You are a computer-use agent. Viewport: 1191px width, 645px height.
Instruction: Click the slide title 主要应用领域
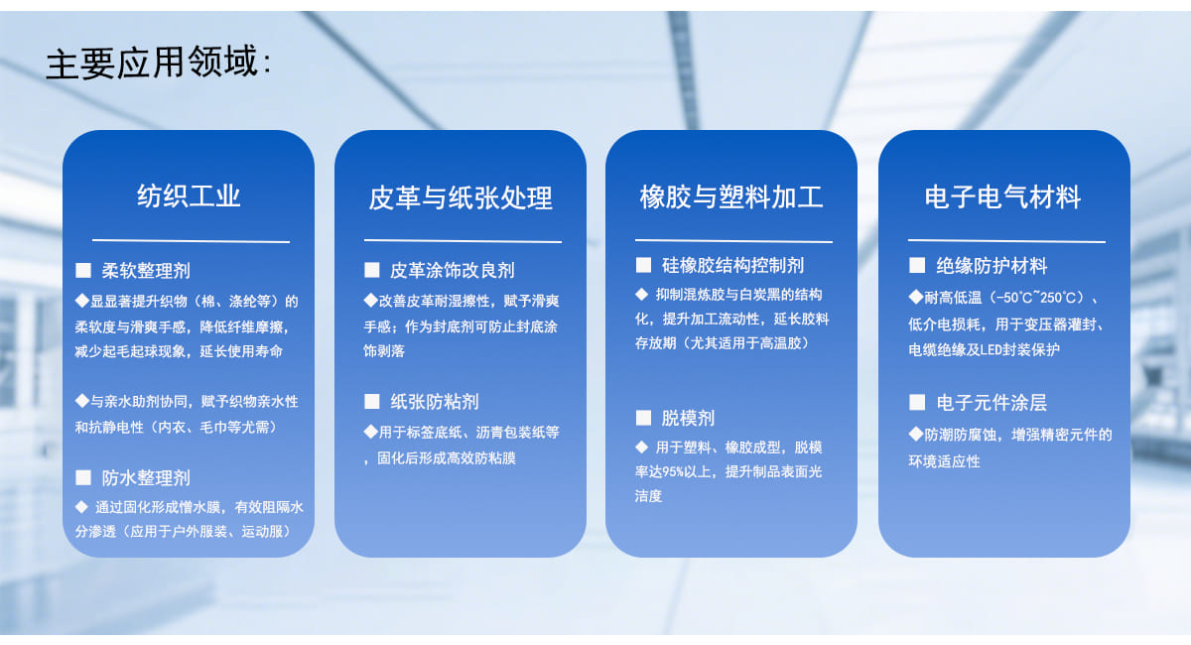153,63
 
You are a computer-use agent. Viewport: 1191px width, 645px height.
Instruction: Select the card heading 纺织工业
189,196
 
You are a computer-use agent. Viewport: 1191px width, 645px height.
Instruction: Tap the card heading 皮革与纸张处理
461,197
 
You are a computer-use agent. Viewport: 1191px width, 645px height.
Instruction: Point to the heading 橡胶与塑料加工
731,196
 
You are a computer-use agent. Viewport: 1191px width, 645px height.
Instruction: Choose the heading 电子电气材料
1002,196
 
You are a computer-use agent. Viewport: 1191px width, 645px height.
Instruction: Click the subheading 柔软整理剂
146,271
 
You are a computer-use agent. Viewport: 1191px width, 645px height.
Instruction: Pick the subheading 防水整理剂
146,477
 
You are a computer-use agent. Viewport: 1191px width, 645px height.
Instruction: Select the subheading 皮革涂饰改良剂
452,270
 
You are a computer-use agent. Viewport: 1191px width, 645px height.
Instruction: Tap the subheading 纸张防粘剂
435,402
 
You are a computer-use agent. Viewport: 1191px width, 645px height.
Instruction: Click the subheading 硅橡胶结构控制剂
732,265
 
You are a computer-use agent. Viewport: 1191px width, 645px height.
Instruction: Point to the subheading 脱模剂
688,418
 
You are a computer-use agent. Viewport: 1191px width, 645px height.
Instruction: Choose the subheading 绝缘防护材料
992,265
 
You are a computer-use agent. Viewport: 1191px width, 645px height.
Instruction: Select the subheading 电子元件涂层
992,403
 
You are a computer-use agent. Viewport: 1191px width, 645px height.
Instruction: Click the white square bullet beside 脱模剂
643,418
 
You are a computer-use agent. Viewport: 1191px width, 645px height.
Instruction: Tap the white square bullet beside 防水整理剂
83,477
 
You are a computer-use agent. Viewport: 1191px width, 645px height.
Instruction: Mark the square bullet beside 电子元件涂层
917,403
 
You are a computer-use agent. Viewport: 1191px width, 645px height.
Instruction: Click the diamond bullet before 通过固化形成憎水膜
81,507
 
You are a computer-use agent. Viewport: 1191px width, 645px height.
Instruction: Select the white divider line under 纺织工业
191,241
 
